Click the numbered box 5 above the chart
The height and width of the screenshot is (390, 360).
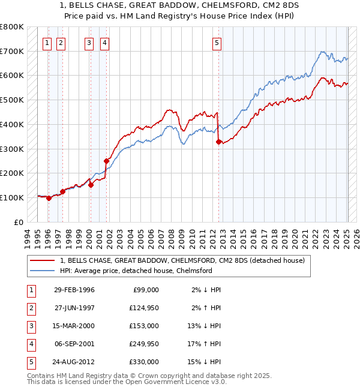point(216,43)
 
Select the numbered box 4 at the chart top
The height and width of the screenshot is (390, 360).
point(104,43)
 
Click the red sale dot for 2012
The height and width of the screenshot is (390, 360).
point(218,142)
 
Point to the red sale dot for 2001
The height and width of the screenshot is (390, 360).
point(106,161)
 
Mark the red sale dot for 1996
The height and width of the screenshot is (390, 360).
point(49,198)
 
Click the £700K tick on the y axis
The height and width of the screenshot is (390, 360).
point(12,51)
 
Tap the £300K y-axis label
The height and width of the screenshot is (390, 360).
point(12,149)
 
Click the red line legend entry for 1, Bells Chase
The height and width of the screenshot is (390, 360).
point(183,261)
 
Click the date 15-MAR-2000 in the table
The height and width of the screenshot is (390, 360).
point(74,326)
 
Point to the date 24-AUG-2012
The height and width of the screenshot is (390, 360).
point(74,362)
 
